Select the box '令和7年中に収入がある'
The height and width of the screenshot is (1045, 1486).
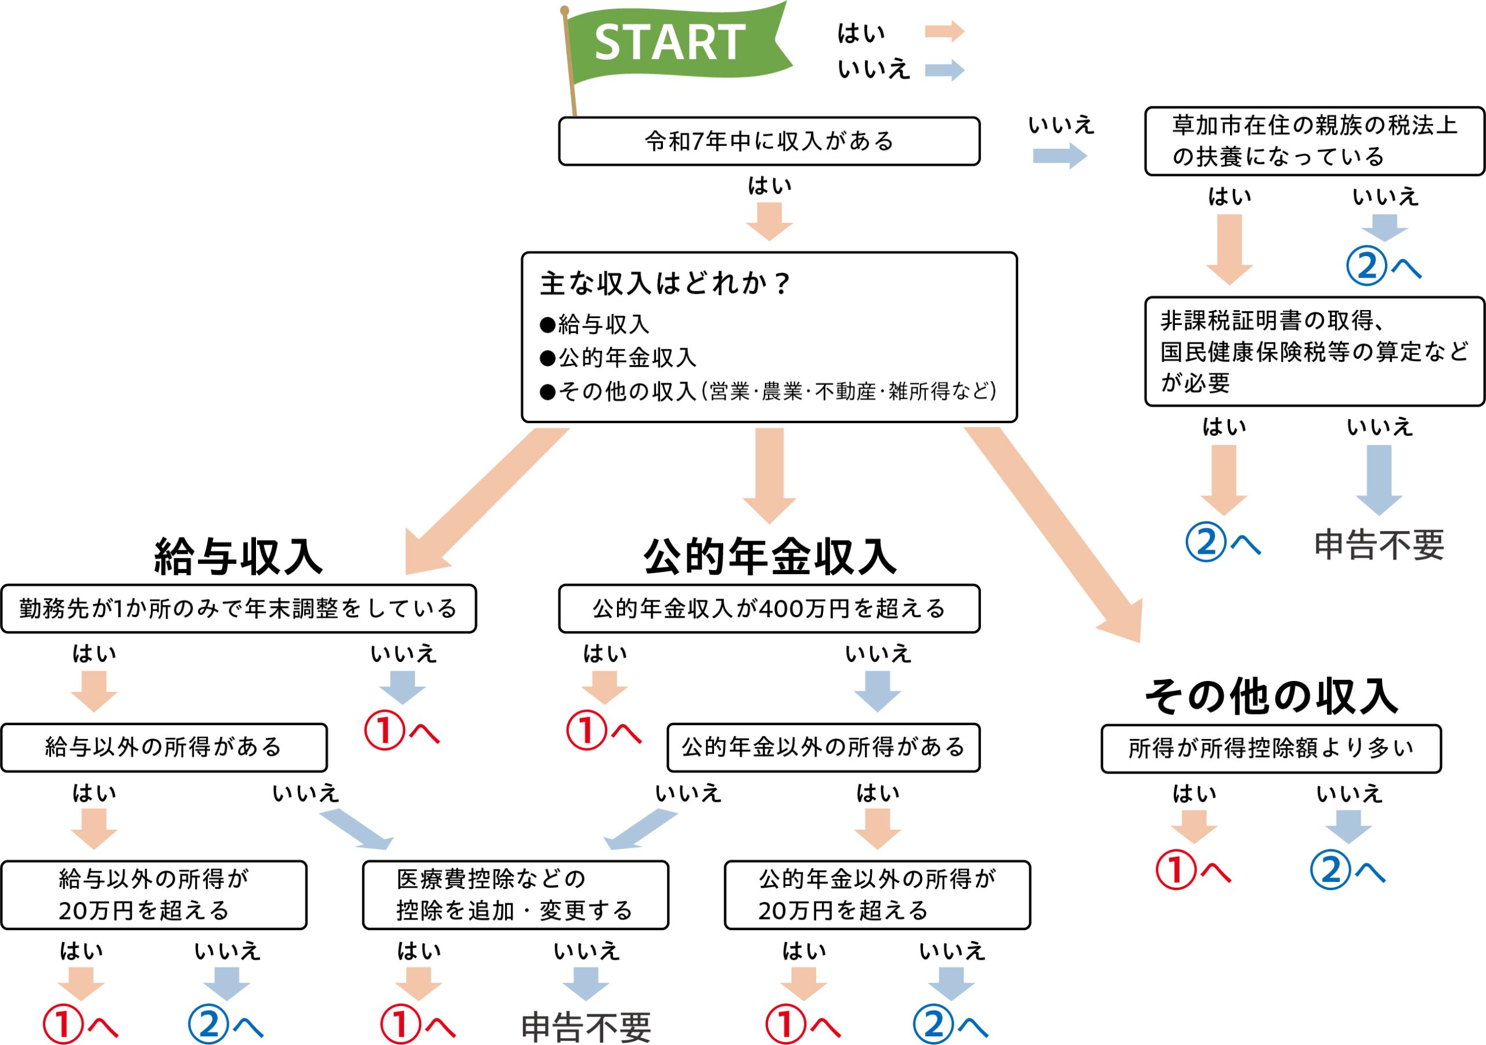pyautogui.click(x=769, y=141)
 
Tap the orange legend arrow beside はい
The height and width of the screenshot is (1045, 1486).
pyautogui.click(x=944, y=31)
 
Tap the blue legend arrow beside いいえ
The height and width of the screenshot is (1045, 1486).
pyautogui.click(x=944, y=70)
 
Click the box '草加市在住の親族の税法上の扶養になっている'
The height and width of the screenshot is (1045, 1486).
pyautogui.click(x=1314, y=141)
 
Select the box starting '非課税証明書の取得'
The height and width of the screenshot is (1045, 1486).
pyautogui.click(x=1314, y=352)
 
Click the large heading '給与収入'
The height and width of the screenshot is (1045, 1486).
pyautogui.click(x=238, y=556)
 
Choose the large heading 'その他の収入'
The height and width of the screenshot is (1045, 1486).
pyautogui.click(x=1271, y=697)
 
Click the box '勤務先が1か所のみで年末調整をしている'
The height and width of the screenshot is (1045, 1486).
pyautogui.click(x=238, y=608)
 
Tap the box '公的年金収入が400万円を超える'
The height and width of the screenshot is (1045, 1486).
pyautogui.click(x=769, y=608)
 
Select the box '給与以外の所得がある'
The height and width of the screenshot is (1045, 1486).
pyautogui.click(x=164, y=747)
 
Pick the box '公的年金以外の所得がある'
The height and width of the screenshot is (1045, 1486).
pyautogui.click(x=823, y=747)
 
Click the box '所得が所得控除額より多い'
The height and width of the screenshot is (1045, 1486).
pyautogui.click(x=1271, y=748)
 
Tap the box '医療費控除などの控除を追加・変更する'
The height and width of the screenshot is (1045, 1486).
pyautogui.click(x=515, y=895)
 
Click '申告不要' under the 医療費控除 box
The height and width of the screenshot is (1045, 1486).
pyautogui.click(x=586, y=1027)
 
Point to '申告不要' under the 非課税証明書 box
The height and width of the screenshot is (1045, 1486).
pyautogui.click(x=1379, y=545)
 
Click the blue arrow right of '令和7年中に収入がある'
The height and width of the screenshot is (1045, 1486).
pyautogui.click(x=1059, y=156)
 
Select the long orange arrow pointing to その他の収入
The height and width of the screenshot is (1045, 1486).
pyautogui.click(x=1062, y=538)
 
